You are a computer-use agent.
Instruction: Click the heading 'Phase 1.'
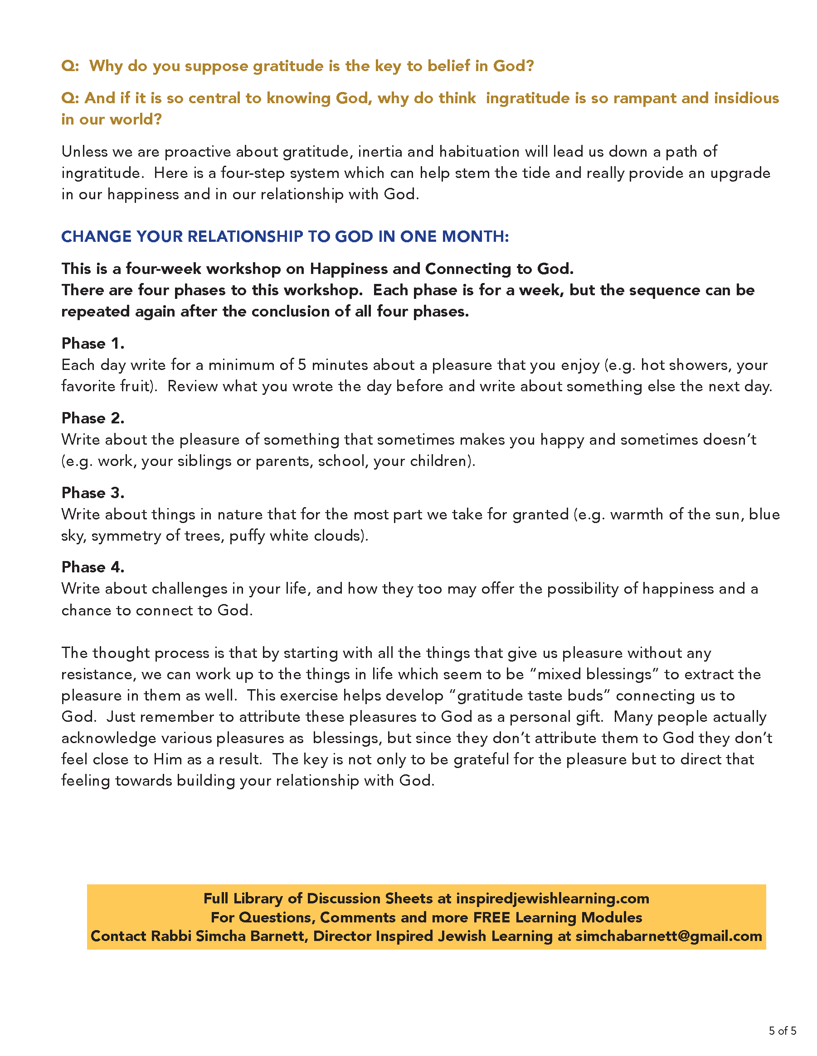[x=92, y=343]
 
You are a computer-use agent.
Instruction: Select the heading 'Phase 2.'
[x=92, y=418]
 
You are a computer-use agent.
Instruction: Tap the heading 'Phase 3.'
[x=92, y=493]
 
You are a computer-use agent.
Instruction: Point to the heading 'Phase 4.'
[x=92, y=566]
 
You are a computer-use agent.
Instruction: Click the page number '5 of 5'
[x=782, y=1030]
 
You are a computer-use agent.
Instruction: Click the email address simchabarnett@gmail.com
[x=668, y=936]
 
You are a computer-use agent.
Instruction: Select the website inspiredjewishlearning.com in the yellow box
[x=552, y=898]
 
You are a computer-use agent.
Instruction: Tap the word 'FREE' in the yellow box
[x=492, y=917]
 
